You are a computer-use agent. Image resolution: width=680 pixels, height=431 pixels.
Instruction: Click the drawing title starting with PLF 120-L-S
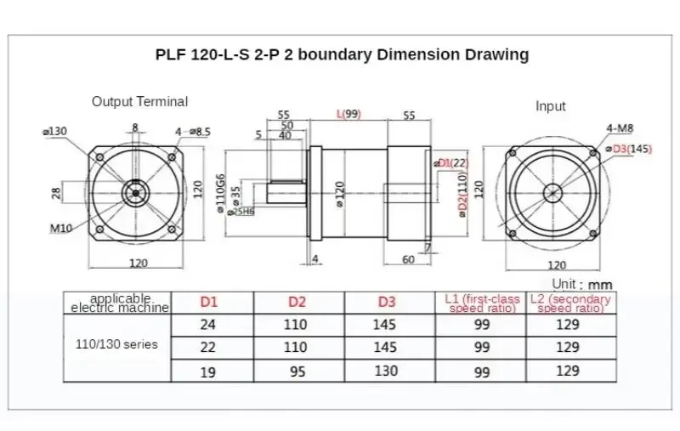[x=342, y=55]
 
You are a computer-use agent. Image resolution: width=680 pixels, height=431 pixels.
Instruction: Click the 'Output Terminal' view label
[x=139, y=102]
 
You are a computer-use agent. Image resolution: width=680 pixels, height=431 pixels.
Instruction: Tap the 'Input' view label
[x=550, y=107]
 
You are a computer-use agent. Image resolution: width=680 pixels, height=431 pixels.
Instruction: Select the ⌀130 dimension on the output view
[x=55, y=131]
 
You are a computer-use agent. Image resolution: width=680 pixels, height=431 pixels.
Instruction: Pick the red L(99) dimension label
[x=349, y=114]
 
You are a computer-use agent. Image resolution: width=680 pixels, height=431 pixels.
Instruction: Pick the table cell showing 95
[x=297, y=371]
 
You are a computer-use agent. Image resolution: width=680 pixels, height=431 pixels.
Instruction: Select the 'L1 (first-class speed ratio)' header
[x=481, y=303]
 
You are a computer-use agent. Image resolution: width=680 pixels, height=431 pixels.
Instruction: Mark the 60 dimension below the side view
[x=408, y=259]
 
